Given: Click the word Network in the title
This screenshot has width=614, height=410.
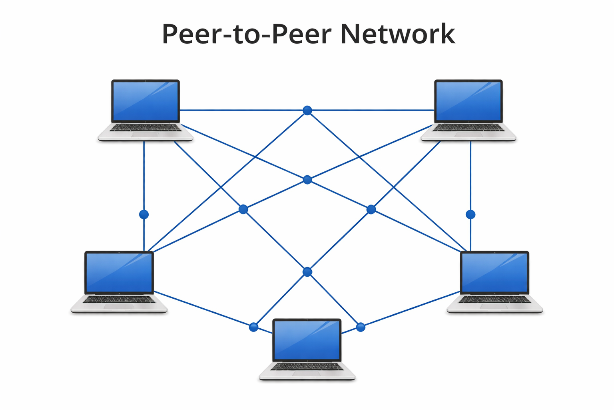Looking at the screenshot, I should [397, 34].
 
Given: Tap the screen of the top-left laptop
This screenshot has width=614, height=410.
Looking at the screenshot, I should [146, 101].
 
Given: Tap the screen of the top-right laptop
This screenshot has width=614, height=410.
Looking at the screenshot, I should [468, 101].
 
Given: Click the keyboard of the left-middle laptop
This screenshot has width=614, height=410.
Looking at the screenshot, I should [119, 299].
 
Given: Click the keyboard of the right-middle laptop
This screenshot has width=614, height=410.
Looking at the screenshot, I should [494, 299].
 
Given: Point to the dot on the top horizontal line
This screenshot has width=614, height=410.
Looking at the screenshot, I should [307, 111].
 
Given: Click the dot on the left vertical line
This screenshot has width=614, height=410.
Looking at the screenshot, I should [144, 215].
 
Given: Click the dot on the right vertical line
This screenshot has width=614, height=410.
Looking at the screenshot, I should [470, 215].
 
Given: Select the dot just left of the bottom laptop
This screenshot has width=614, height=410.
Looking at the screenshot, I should [253, 328].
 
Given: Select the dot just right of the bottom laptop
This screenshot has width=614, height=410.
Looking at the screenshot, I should [361, 328].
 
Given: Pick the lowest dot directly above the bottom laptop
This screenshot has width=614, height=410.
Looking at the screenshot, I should [307, 272].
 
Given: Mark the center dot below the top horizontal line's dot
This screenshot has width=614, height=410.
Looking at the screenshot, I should [307, 180].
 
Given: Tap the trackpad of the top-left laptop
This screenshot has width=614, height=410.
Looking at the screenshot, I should [145, 135].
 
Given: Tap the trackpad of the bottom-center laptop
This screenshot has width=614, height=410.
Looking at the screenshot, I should [307, 374].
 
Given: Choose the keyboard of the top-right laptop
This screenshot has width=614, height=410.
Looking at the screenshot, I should [468, 128].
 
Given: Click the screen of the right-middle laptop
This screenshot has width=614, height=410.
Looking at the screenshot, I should [494, 272].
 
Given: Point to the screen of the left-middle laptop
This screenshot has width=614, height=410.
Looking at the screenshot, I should [119, 272].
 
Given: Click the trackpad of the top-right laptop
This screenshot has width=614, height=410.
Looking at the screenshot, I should [468, 135].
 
